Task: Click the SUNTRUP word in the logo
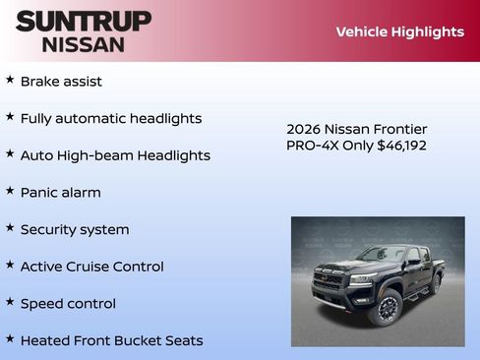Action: point(84,21)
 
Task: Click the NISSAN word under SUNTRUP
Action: point(84,44)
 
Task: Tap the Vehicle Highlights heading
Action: point(399,31)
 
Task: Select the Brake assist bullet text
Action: point(61,82)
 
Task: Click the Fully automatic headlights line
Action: point(111,119)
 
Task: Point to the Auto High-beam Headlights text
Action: point(115,155)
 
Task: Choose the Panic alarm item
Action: point(60,193)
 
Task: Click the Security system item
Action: point(75,230)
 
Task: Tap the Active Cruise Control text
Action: point(92,267)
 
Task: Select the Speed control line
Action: point(68,304)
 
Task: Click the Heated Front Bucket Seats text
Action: point(111,341)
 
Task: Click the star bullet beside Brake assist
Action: point(10,80)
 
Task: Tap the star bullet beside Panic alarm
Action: point(10,191)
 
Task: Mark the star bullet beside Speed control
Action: point(10,302)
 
